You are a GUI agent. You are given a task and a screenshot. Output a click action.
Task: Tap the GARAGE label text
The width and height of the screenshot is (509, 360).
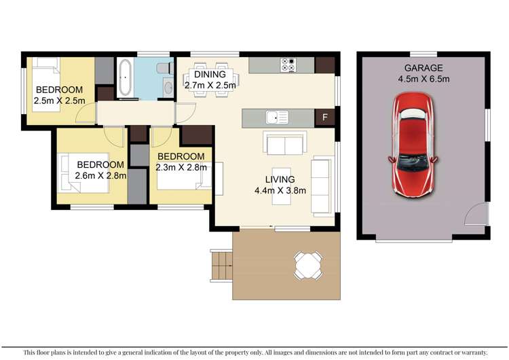point(423,68)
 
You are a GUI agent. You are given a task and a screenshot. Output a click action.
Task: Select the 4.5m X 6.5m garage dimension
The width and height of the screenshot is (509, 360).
point(423,79)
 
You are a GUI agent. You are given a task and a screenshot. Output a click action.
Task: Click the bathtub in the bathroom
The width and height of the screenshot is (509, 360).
point(125,79)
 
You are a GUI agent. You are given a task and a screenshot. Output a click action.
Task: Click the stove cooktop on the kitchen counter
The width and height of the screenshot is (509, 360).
point(288,66)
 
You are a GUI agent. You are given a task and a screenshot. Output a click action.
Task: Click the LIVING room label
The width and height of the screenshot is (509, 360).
point(280,179)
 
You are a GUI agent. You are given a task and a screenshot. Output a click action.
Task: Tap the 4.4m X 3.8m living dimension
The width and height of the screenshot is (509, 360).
point(280,190)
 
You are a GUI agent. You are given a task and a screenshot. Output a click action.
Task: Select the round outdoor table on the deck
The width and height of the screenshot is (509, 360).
point(307,264)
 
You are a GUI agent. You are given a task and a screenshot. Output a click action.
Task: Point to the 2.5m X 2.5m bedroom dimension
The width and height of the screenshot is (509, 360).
point(59,101)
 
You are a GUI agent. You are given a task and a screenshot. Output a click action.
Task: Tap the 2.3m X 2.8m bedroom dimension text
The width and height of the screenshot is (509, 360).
point(180,167)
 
